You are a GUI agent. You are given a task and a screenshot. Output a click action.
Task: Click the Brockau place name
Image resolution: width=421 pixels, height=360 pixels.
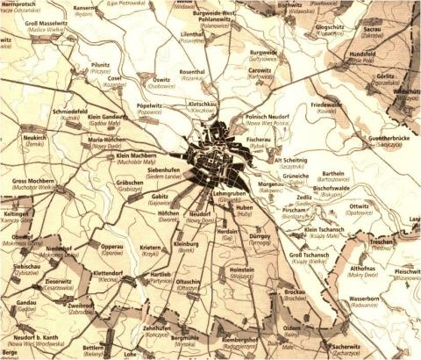301,291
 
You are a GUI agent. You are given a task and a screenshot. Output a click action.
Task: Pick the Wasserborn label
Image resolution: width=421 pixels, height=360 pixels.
363,299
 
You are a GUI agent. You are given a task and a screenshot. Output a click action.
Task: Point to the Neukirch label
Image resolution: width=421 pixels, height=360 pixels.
34,138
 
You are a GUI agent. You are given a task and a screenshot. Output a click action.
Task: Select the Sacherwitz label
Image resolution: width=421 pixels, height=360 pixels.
346,346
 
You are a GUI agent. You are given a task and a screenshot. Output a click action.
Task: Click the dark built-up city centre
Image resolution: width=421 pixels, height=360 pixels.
215,158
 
